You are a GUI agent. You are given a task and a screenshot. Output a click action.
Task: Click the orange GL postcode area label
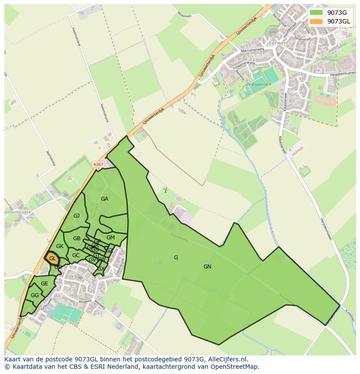coord(52,258)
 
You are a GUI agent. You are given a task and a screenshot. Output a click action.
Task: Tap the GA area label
coord(104,199)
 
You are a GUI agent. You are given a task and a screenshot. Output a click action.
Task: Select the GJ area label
coord(77,216)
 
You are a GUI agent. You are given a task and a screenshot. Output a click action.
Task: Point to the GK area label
coord(60,246)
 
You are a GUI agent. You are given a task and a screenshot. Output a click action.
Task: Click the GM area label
coord(110,238)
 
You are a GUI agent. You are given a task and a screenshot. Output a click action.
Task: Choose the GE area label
coord(44,284)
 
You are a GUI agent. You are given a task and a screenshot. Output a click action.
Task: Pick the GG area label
coord(35,295)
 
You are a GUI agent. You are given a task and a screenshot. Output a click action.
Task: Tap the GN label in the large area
coord(207,267)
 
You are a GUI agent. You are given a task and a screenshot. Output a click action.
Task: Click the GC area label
coord(76,255)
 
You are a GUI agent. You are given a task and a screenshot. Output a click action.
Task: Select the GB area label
coord(77,238)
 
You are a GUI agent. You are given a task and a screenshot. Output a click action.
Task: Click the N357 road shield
coord(98,164)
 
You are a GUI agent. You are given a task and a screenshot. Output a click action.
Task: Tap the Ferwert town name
coord(279,43)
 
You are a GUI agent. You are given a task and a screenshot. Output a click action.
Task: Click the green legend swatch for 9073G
coord(317,13)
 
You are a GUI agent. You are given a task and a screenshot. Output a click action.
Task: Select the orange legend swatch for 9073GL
coord(317,21)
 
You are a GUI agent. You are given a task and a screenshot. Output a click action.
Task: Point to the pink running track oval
coord(325,102)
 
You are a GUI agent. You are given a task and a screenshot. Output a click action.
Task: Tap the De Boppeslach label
coord(256,84)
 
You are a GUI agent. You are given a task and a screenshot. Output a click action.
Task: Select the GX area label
coord(101,269)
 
